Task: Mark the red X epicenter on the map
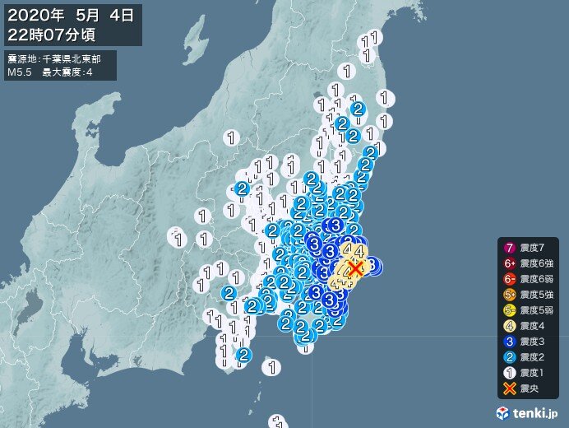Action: [355, 267]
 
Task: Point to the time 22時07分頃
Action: [53, 33]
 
